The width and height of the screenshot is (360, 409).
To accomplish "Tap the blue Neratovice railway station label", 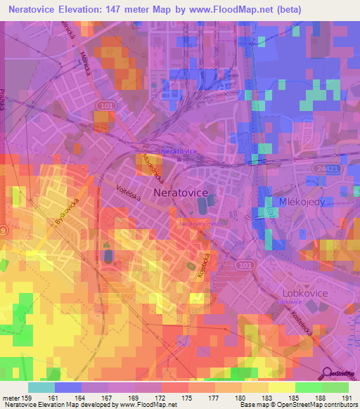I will tap(176, 152).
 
